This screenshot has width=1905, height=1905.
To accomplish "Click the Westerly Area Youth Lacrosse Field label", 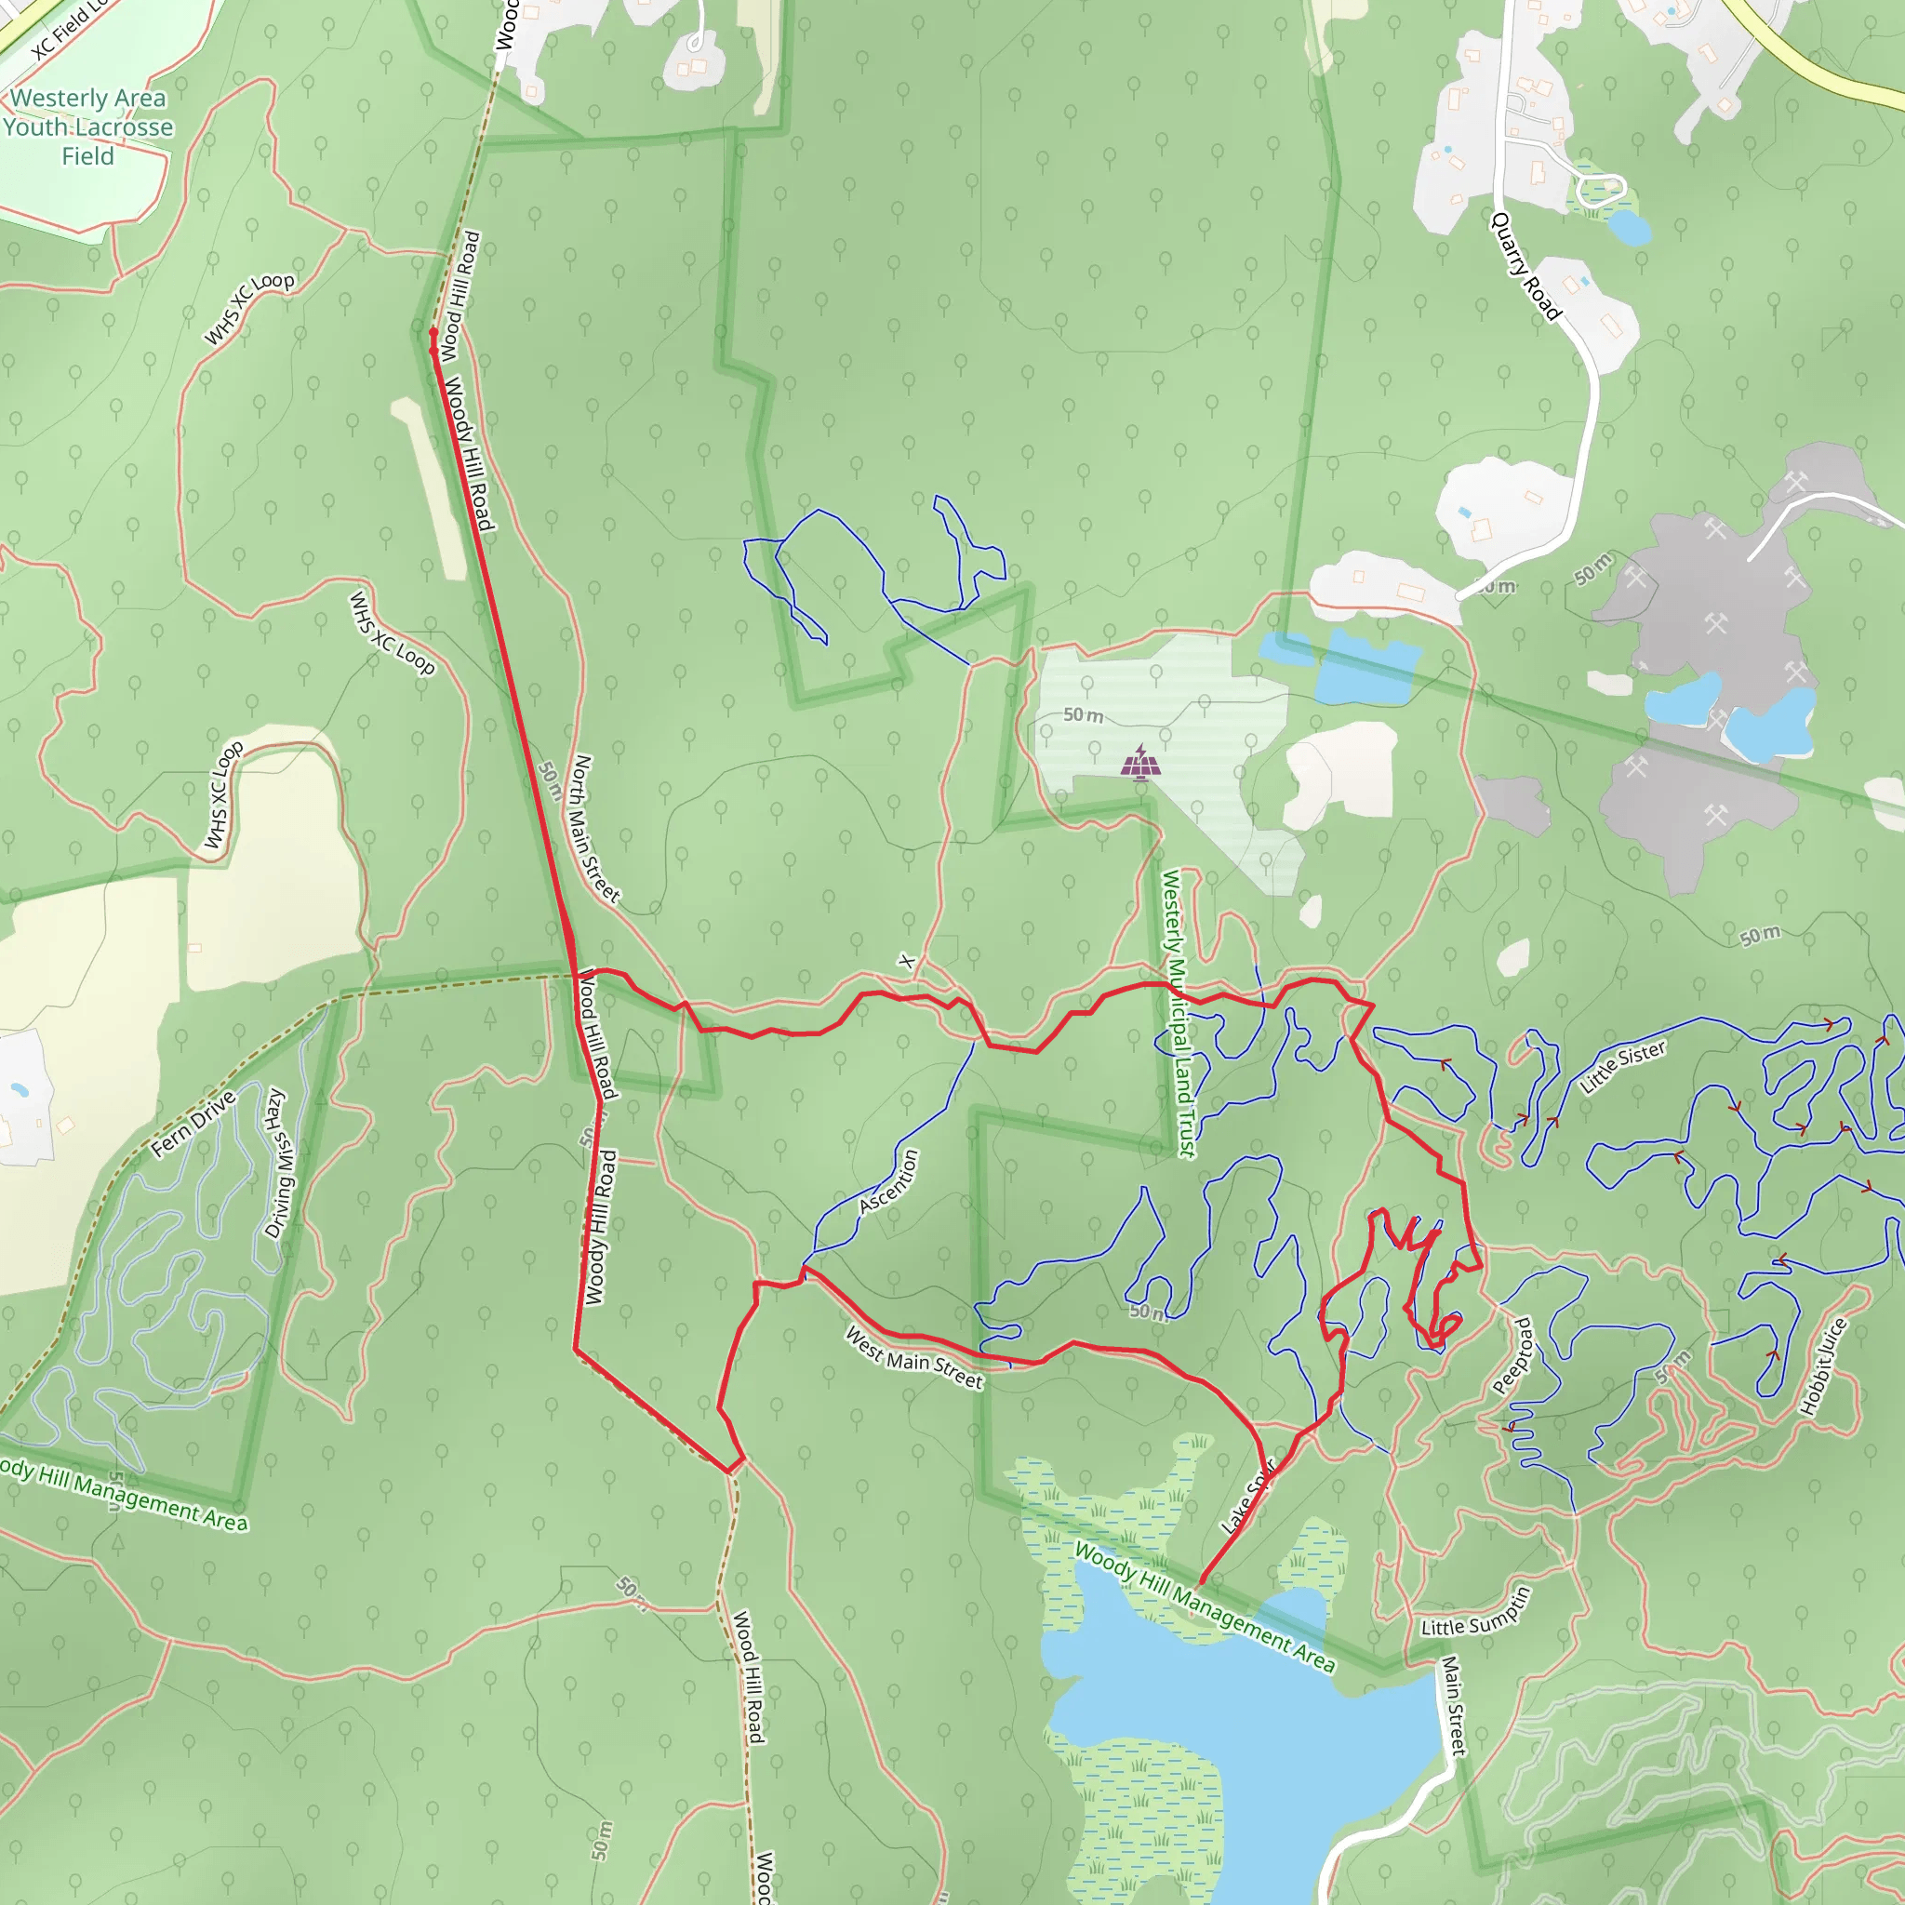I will pos(87,127).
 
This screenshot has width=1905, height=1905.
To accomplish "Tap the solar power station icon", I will pos(1140,762).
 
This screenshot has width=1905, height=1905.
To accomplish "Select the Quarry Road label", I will pos(1525,266).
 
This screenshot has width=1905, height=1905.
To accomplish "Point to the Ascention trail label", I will pos(888,1181).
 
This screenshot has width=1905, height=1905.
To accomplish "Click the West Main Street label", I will pos(914,1359).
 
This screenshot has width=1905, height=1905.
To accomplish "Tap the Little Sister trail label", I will pos(1623,1067).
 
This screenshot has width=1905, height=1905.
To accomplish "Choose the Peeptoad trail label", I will pos(1512,1356).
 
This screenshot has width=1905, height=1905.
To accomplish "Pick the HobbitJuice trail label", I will pos(1822,1366).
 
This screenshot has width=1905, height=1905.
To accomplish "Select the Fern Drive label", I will pos(193,1124).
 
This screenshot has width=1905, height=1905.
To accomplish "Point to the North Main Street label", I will pos(595,828).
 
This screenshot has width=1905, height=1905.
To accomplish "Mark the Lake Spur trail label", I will pos(1248,1498).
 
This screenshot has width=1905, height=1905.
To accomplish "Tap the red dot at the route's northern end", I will pos(433,333).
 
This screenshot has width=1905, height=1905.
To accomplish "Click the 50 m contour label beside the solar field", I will pos(1083,715).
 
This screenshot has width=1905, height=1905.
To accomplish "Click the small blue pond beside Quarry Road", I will pos(1628,228).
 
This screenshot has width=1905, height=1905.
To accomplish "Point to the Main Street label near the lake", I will pos(1454,1705).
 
